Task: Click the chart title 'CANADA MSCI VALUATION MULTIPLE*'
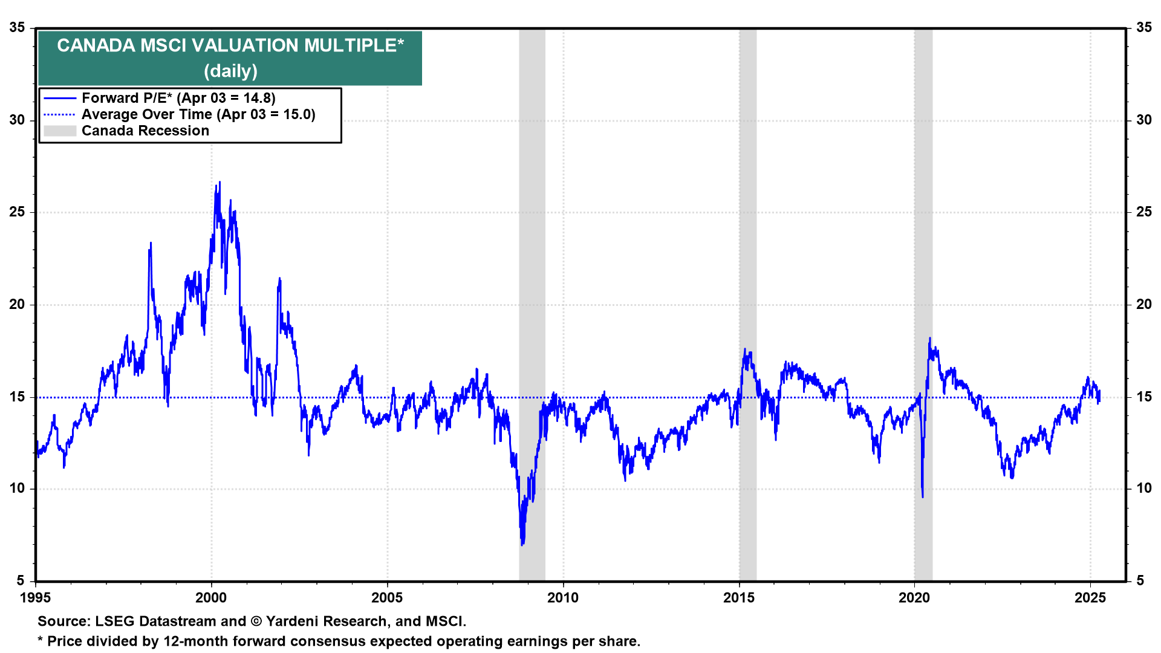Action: tap(230, 45)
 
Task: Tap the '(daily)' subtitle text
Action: tap(230, 71)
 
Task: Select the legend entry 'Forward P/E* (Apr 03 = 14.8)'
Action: tap(178, 98)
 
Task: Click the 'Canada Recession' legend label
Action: tap(145, 131)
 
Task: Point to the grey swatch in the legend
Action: tap(60, 131)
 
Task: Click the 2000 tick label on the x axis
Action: tap(211, 598)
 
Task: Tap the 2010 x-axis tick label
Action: tap(563, 598)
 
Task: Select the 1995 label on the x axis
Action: tap(36, 598)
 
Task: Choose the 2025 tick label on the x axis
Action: tap(1090, 598)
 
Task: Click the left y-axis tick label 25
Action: tap(17, 212)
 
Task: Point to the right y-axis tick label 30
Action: tap(1144, 120)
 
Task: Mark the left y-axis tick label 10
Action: tap(17, 489)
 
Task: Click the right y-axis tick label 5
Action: tap(1140, 581)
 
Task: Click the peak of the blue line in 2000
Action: tap(220, 182)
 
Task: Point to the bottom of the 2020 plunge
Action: tap(923, 497)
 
